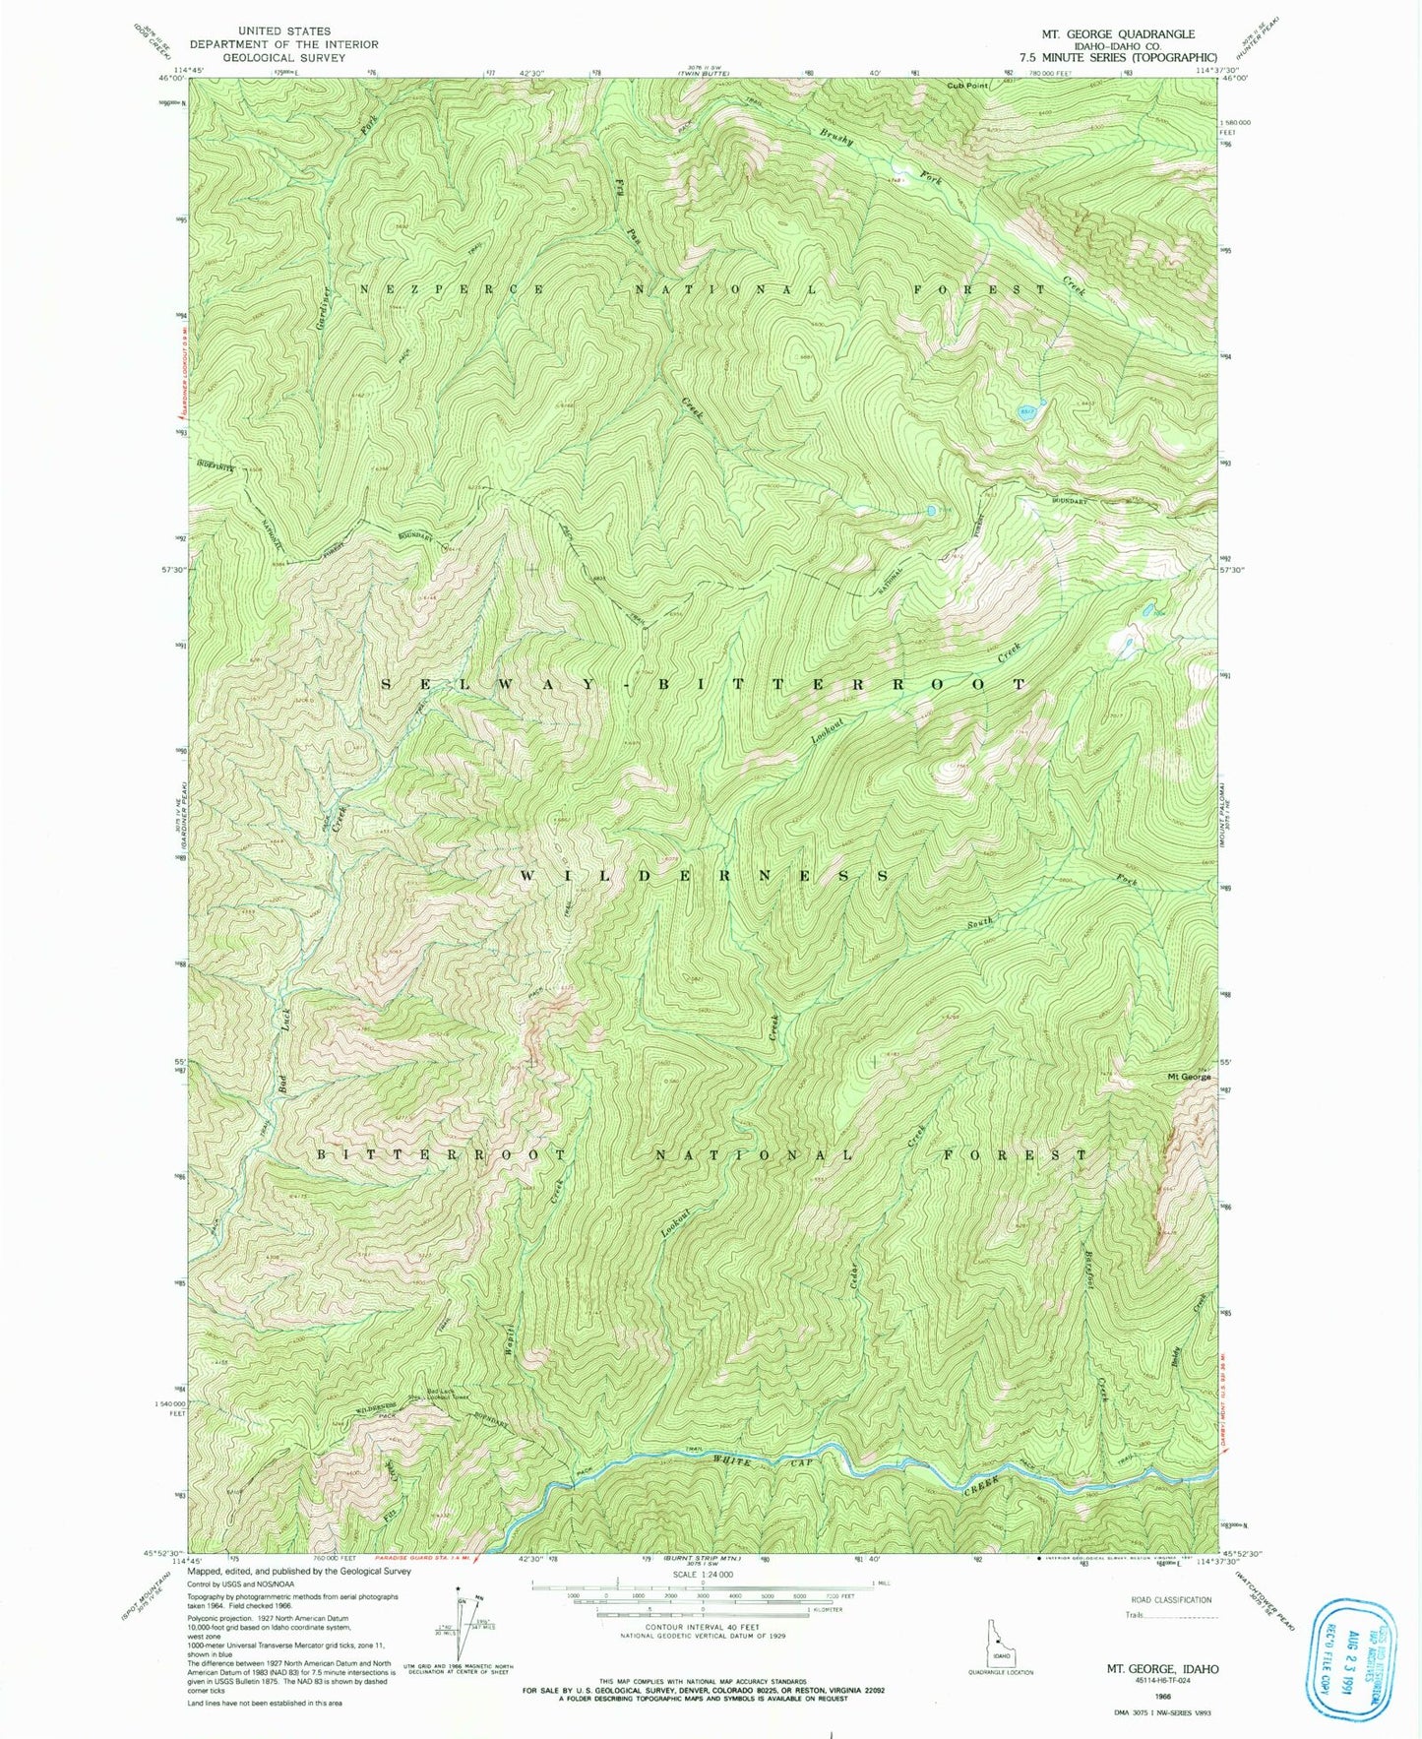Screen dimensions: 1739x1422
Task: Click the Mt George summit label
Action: [x=1189, y=1077]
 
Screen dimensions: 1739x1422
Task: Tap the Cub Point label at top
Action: [x=967, y=86]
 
